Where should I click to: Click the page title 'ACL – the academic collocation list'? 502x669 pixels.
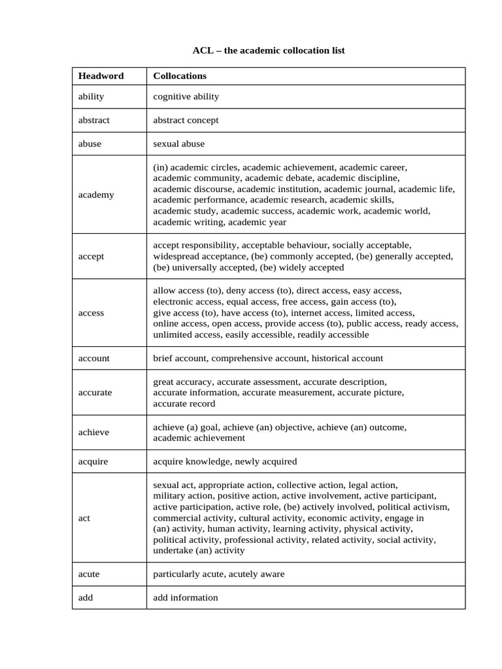click(x=268, y=50)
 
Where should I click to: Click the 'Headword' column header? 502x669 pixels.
click(x=101, y=76)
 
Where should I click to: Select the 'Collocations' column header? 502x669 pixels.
click(x=180, y=76)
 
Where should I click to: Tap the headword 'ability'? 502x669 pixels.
click(x=91, y=97)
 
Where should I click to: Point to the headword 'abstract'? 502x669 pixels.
click(x=93, y=120)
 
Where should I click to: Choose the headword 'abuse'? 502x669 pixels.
click(x=90, y=144)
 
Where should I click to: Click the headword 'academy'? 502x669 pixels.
click(x=96, y=195)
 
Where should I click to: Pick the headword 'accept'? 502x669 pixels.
click(x=91, y=256)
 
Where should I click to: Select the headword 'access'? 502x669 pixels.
click(x=91, y=313)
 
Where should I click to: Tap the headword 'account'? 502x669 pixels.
click(x=94, y=358)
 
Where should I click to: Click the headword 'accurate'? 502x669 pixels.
click(x=95, y=393)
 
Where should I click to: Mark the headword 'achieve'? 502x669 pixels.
click(x=93, y=432)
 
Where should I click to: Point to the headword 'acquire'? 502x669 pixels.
click(x=93, y=461)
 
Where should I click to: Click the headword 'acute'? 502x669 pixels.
click(x=89, y=574)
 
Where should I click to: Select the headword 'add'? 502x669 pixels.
click(x=86, y=598)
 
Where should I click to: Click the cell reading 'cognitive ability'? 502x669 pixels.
click(x=186, y=97)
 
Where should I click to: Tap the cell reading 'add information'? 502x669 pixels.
click(x=186, y=598)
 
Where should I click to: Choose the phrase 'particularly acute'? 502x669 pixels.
click(x=188, y=574)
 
